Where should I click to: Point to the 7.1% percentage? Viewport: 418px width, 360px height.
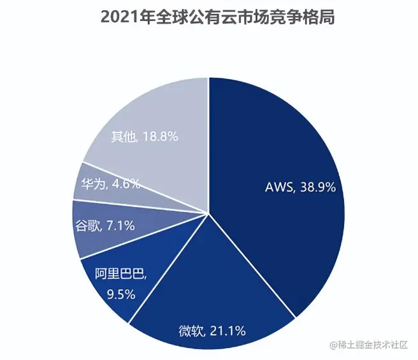[121, 226]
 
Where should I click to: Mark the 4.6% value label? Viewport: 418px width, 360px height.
[126, 184]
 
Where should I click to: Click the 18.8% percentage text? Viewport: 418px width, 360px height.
[159, 136]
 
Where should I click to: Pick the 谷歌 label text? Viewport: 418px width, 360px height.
[88, 226]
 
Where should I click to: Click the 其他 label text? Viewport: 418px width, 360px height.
[123, 136]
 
